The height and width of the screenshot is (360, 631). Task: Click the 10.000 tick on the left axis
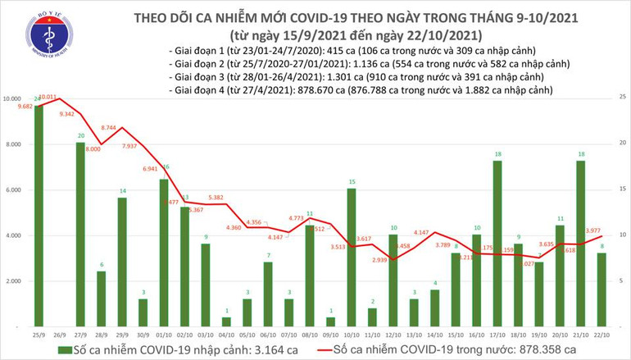coord(13,98)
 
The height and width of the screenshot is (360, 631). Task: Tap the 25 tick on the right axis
coord(623,98)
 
